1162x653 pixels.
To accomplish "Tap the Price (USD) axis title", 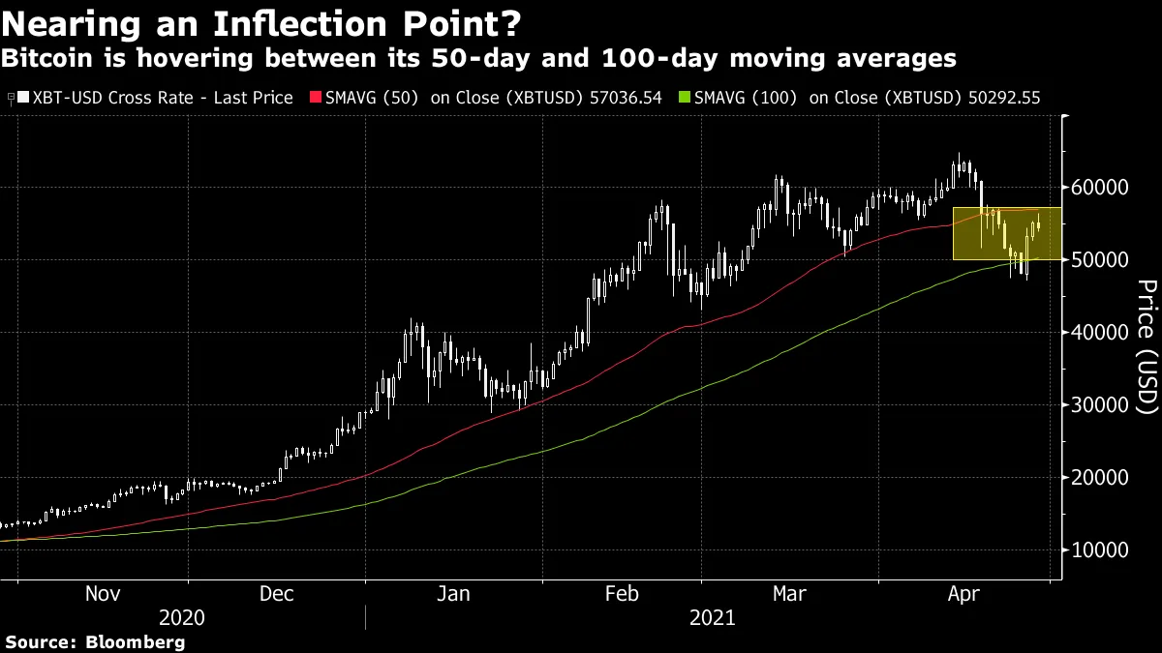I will point(1146,347).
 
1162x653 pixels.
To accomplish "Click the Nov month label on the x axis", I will point(104,594).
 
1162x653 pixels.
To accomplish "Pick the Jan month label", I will point(453,594).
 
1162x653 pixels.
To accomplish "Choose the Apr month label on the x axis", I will point(963,594).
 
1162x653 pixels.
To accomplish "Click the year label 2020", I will point(183,617).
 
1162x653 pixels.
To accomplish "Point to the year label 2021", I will point(714,617).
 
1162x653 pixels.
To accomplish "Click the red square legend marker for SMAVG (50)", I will point(314,98).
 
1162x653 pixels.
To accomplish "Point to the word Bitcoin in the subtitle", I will point(43,59).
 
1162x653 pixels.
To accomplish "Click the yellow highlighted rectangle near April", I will point(1007,233).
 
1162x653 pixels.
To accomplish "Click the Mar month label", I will point(790,594).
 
